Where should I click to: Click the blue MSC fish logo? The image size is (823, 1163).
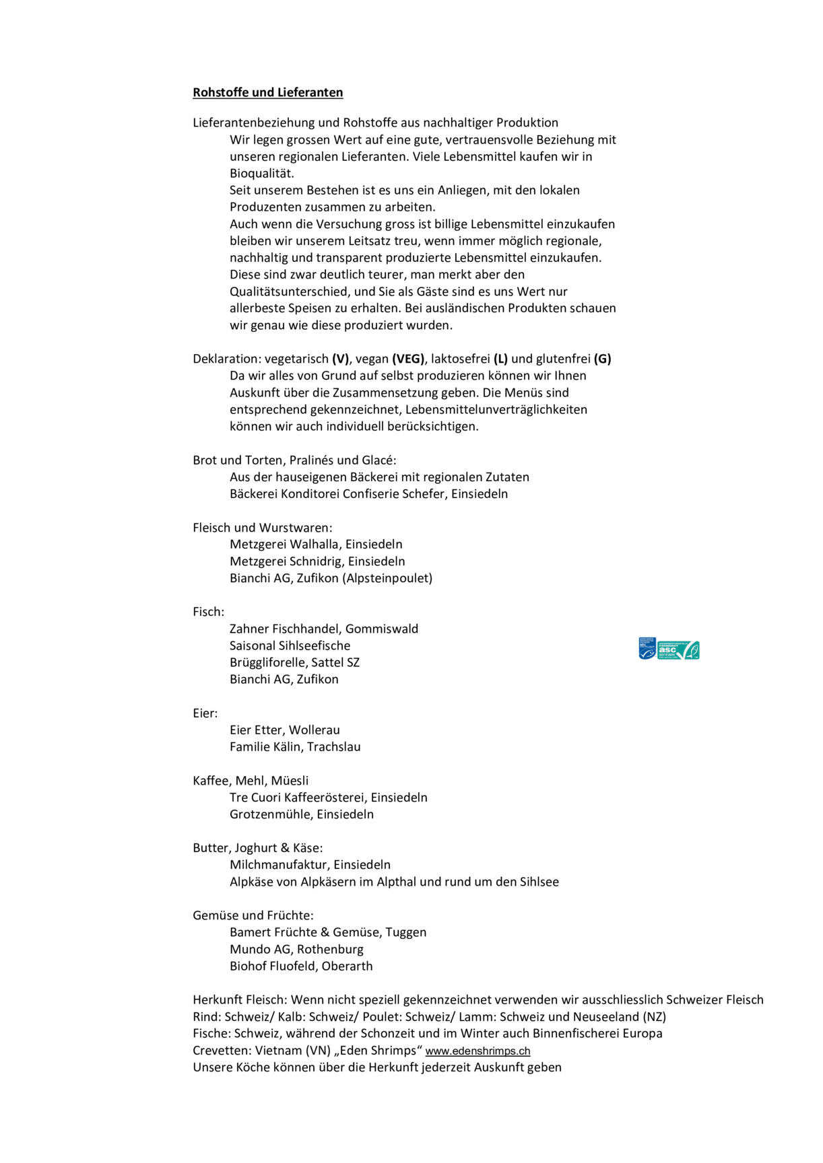click(x=647, y=649)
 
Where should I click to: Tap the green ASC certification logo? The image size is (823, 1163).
click(x=678, y=650)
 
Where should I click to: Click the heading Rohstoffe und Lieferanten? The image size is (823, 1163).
click(x=267, y=92)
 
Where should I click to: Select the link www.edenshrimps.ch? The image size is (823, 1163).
click(x=478, y=1051)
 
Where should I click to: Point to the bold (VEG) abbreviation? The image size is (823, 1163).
click(x=408, y=359)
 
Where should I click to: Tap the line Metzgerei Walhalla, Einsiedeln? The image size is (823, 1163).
click(x=316, y=544)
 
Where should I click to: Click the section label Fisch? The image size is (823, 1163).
click(x=208, y=611)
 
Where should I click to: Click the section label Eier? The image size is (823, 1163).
click(x=205, y=713)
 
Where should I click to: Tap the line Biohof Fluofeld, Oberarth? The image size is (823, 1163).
click(x=301, y=966)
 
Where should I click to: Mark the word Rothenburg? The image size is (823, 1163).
click(x=330, y=949)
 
